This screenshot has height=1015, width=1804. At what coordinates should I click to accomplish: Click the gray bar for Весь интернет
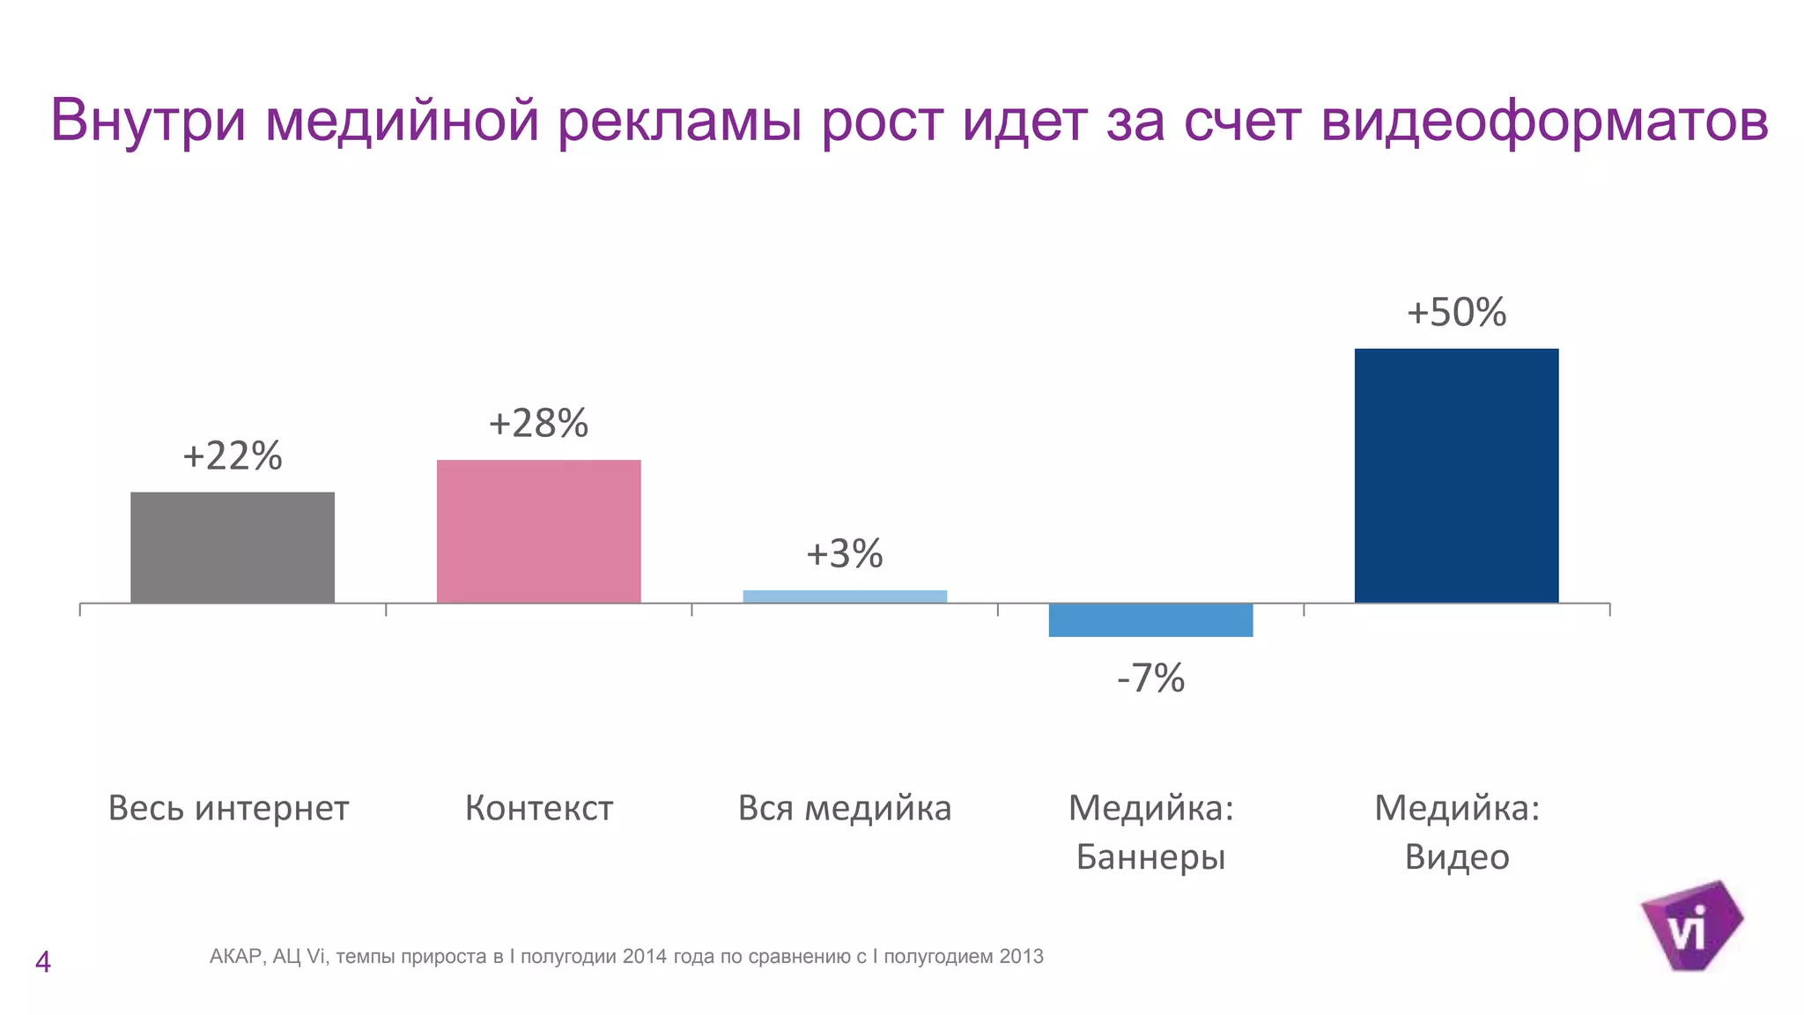(233, 547)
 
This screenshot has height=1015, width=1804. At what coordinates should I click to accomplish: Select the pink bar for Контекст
(538, 531)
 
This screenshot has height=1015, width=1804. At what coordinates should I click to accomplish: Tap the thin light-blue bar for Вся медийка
(845, 596)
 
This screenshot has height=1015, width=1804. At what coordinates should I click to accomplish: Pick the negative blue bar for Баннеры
(1150, 620)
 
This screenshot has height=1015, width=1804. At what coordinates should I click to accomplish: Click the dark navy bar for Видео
(1456, 476)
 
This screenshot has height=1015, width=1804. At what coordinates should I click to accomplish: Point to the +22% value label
(233, 456)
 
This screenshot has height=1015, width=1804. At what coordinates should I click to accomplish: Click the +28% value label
(538, 424)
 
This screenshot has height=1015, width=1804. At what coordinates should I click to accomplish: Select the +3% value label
(845, 554)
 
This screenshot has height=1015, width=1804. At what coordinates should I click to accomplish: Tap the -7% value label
(1150, 678)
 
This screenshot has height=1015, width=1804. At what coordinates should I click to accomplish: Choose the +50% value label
(1456, 313)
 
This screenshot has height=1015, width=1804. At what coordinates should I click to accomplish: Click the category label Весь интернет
(228, 808)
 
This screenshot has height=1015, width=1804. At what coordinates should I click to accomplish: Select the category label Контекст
(538, 808)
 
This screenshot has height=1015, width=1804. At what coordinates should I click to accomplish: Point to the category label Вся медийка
(845, 808)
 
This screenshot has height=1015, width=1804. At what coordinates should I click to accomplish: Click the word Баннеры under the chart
(1150, 857)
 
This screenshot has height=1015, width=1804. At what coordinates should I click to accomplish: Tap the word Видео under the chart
(1456, 857)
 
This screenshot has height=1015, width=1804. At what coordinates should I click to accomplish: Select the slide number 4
(42, 962)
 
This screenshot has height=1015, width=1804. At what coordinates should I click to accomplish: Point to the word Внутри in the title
(148, 121)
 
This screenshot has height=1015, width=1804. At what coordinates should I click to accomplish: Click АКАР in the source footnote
(235, 957)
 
